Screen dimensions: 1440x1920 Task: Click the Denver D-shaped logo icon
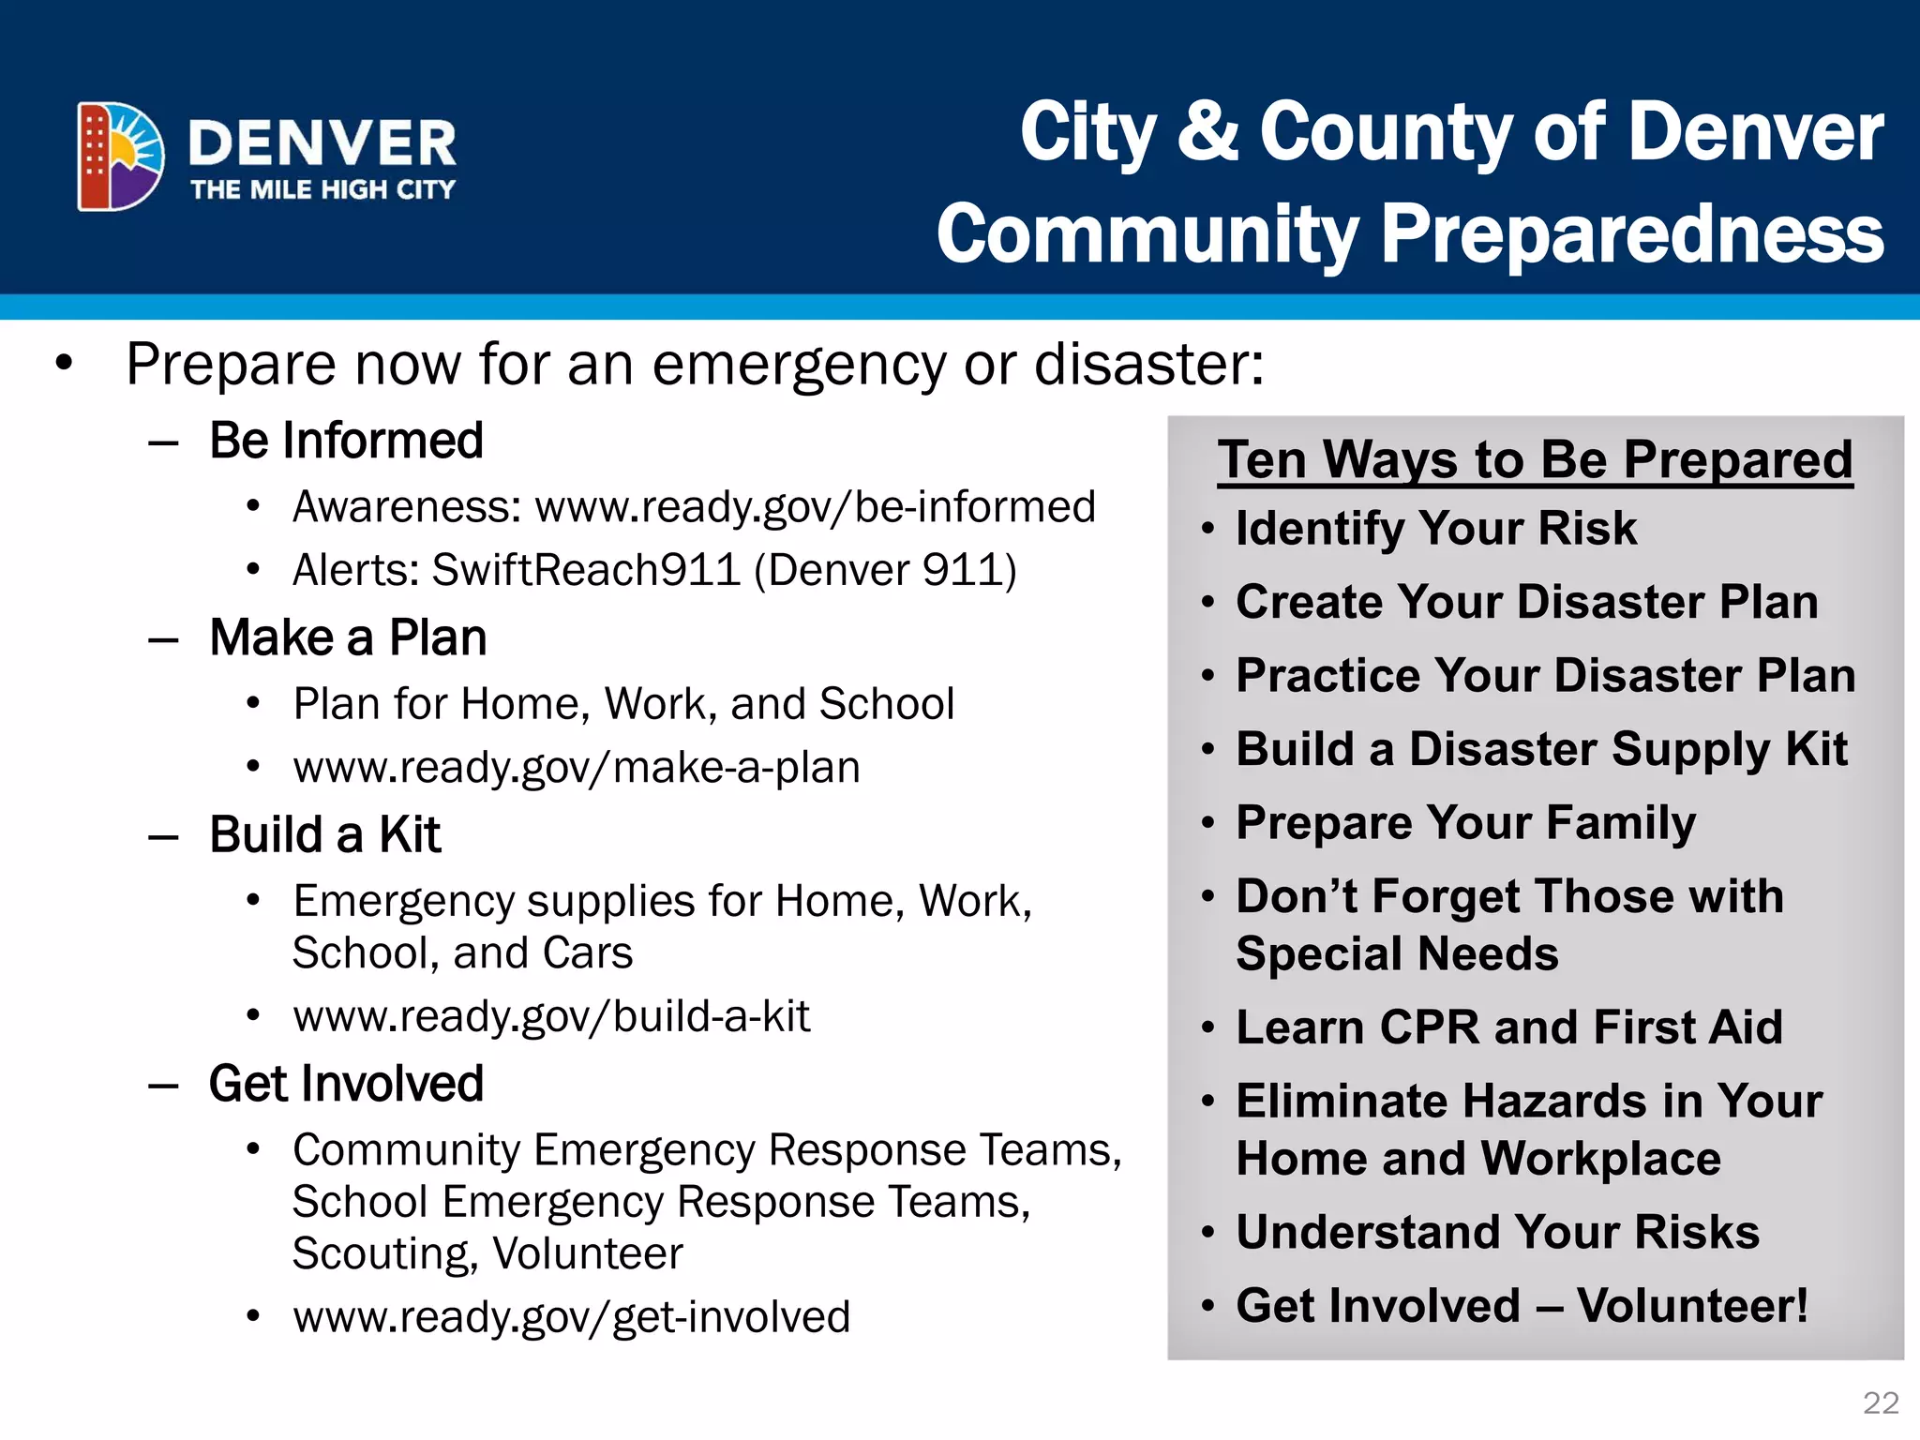click(120, 157)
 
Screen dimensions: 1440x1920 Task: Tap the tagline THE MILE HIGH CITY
click(322, 190)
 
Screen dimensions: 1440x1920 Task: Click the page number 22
click(1880, 1402)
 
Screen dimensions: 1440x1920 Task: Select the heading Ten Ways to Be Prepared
click(1535, 460)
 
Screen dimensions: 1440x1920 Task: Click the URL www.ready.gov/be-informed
click(815, 507)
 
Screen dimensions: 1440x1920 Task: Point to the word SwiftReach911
click(586, 570)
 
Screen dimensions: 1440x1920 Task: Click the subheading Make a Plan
click(348, 638)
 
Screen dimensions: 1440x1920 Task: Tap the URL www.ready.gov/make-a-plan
click(577, 768)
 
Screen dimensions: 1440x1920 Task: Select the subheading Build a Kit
click(324, 834)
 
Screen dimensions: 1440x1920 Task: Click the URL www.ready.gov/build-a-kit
click(551, 1016)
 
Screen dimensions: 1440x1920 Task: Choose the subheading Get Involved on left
click(346, 1084)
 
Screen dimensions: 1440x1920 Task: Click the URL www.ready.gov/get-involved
click(572, 1317)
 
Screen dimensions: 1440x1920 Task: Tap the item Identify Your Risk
click(1435, 529)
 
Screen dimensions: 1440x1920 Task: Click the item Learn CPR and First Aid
click(1508, 1027)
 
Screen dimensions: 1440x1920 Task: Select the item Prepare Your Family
click(1465, 823)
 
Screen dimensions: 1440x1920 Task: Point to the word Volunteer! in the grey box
click(1692, 1306)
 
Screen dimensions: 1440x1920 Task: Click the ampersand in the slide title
click(1207, 131)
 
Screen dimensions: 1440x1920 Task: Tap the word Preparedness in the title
click(1631, 234)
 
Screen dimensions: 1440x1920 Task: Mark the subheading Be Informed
click(346, 441)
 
